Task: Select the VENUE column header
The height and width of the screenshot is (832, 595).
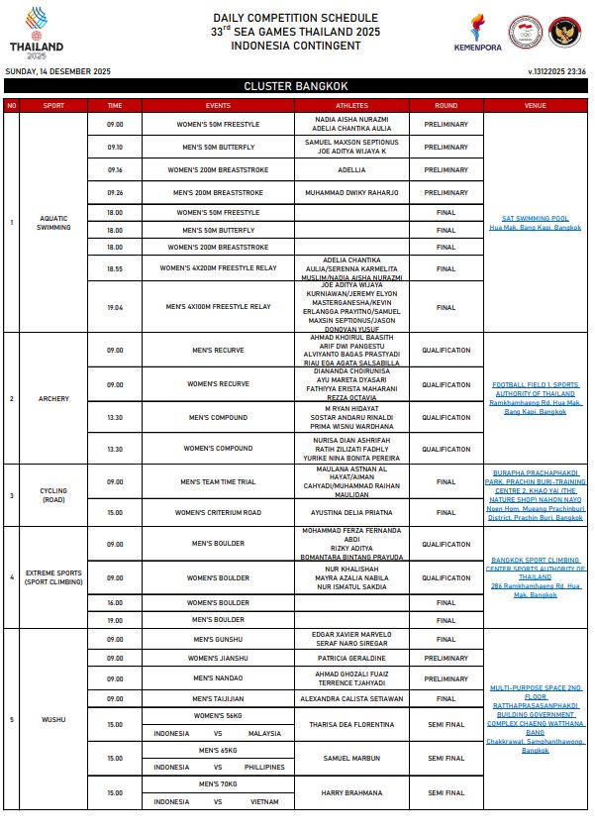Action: coord(536,105)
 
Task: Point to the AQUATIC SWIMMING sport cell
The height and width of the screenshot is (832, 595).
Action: coord(54,223)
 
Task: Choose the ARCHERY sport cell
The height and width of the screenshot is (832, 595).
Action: coord(54,399)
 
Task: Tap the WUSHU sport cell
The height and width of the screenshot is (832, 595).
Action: coord(54,719)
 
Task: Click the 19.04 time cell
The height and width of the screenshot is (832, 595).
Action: coord(115,307)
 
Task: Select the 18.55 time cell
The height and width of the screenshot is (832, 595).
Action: coord(115,268)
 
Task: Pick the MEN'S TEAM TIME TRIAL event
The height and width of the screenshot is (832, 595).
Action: coord(218,481)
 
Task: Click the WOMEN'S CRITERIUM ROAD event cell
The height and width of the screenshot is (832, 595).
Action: coord(218,512)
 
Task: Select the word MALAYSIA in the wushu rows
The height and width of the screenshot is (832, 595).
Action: coord(263,733)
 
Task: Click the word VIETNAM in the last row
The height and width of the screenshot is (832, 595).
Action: coord(263,801)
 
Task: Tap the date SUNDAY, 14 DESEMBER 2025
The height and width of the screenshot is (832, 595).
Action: coord(57,71)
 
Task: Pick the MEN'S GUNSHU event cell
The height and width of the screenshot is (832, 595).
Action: coord(218,639)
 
